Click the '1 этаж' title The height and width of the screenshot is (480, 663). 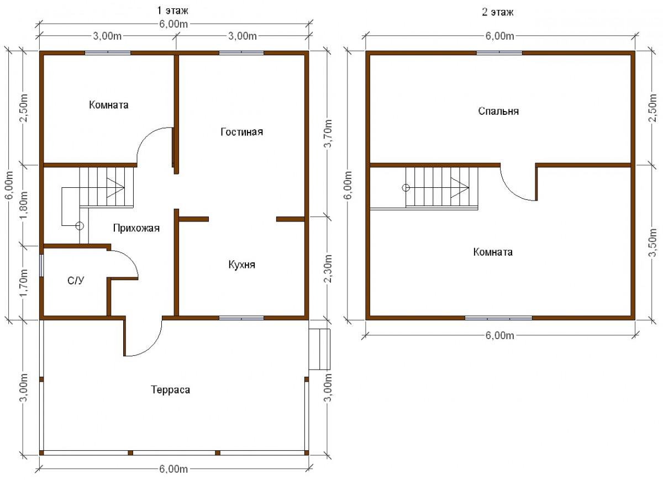click(x=172, y=11)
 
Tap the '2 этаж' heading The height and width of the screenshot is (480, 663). click(x=498, y=13)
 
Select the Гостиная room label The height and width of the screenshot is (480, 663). click(x=242, y=131)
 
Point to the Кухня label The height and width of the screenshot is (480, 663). click(x=242, y=264)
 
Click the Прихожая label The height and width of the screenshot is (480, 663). click(x=136, y=228)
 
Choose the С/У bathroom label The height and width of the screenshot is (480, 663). click(x=76, y=280)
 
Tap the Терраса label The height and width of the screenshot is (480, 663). click(x=171, y=390)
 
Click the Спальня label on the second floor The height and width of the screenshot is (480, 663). click(x=498, y=111)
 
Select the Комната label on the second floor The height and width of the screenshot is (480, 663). click(x=493, y=252)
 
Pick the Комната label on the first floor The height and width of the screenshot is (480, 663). click(x=109, y=105)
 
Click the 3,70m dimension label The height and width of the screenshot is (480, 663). click(x=329, y=135)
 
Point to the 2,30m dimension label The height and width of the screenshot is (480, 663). click(x=329, y=269)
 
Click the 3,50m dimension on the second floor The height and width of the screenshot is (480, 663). click(x=653, y=242)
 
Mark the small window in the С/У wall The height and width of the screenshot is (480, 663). click(x=42, y=266)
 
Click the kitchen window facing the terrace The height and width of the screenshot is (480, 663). click(x=241, y=318)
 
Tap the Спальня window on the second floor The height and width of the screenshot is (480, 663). click(x=499, y=53)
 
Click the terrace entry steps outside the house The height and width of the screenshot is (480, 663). click(x=319, y=349)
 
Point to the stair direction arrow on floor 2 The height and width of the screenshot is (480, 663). click(x=460, y=188)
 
